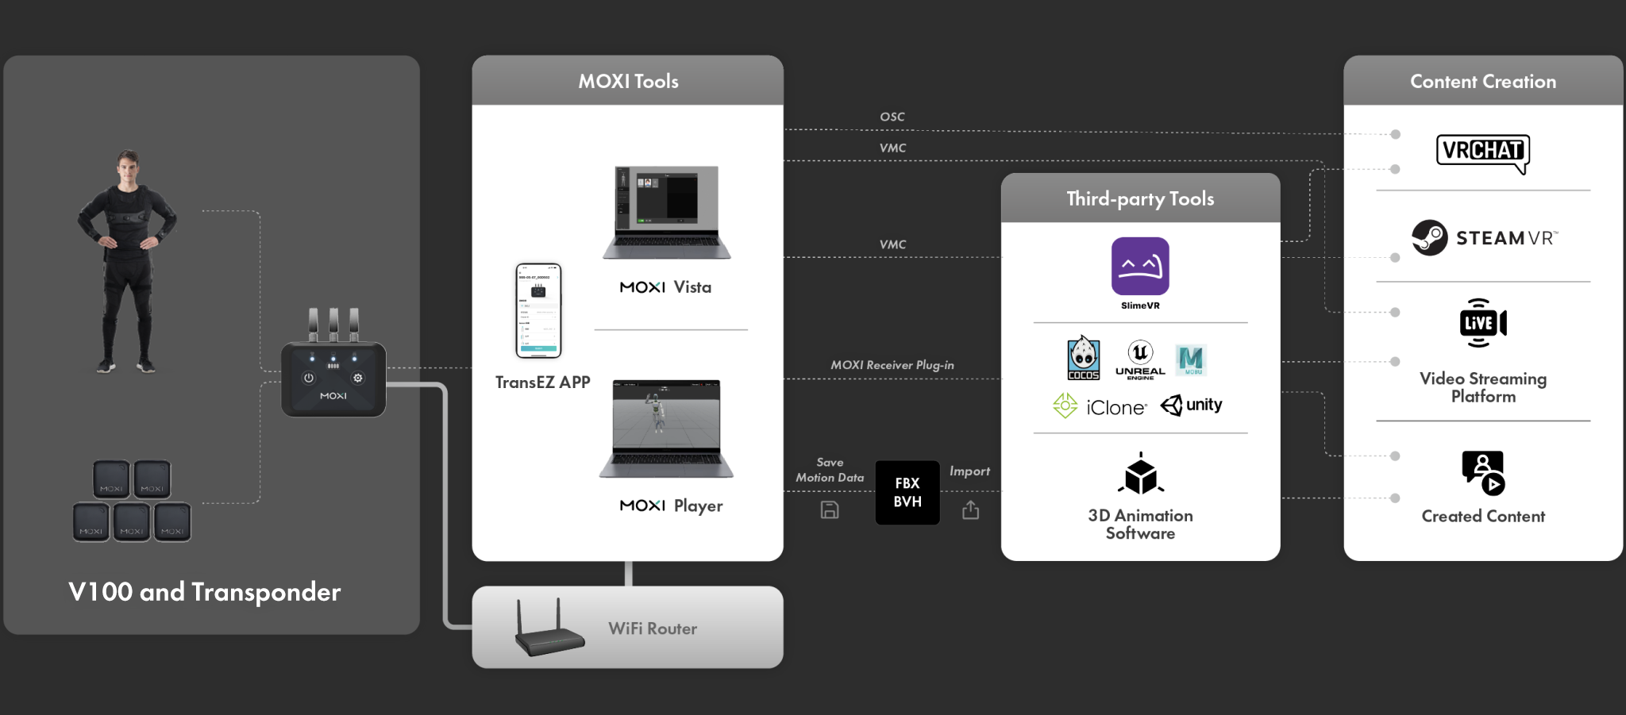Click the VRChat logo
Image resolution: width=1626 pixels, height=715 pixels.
[1482, 152]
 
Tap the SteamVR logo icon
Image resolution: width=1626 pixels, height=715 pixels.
[1429, 237]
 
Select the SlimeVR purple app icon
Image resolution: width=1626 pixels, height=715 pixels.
[1140, 267]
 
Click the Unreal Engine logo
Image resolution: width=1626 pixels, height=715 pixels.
[1140, 359]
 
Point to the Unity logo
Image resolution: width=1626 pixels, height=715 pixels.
[1192, 406]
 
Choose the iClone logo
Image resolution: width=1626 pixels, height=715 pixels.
[1100, 406]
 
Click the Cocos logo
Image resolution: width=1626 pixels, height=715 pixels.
[1083, 359]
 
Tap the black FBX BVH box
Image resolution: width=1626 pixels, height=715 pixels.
[907, 493]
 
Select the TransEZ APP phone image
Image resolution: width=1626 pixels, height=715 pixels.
[538, 311]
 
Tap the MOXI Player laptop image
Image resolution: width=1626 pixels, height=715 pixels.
[666, 428]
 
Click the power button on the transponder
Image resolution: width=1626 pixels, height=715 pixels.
[309, 379]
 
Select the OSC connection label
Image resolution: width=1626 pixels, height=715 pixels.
[892, 117]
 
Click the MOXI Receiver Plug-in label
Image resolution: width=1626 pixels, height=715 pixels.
[892, 365]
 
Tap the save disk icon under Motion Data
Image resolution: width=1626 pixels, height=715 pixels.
[830, 510]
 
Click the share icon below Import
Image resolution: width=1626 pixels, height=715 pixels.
[970, 509]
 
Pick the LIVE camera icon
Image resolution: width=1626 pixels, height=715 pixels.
[1482, 323]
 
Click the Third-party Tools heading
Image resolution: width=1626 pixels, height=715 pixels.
[1140, 198]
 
